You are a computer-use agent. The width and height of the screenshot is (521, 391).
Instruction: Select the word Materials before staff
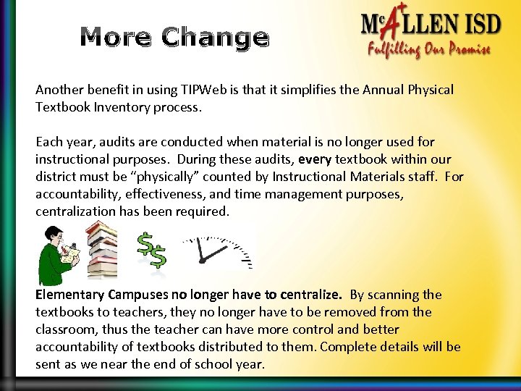coord(375,177)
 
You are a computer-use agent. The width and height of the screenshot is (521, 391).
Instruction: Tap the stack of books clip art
coord(102,250)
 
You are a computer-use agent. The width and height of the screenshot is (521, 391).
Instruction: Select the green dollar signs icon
coord(153,250)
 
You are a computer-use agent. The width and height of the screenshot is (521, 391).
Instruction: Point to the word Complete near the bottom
coord(347,347)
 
